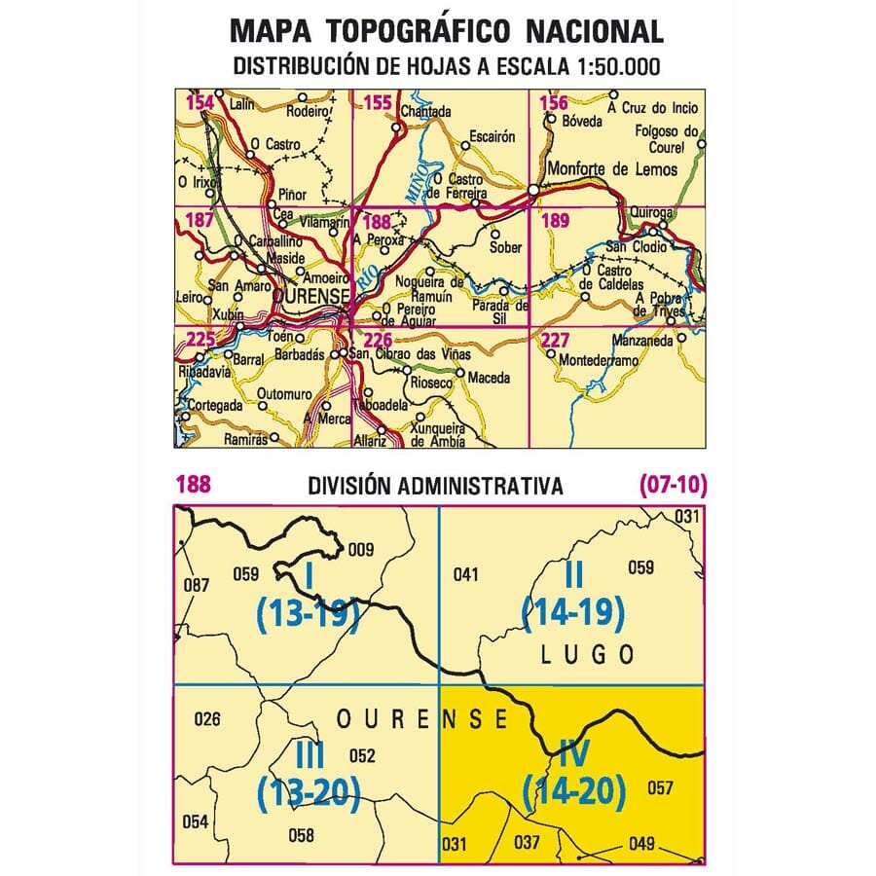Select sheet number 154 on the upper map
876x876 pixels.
[x=200, y=103]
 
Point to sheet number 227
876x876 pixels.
[x=555, y=340]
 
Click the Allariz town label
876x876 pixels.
[x=370, y=441]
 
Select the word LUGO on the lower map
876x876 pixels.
[x=586, y=654]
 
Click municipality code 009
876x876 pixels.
[x=360, y=549]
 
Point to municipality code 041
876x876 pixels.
[x=466, y=574]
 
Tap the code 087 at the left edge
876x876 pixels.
[x=197, y=585]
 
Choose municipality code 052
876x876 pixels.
[x=362, y=755]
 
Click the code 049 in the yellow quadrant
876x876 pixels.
[x=642, y=844]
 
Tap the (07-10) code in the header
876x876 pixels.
[x=673, y=484]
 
